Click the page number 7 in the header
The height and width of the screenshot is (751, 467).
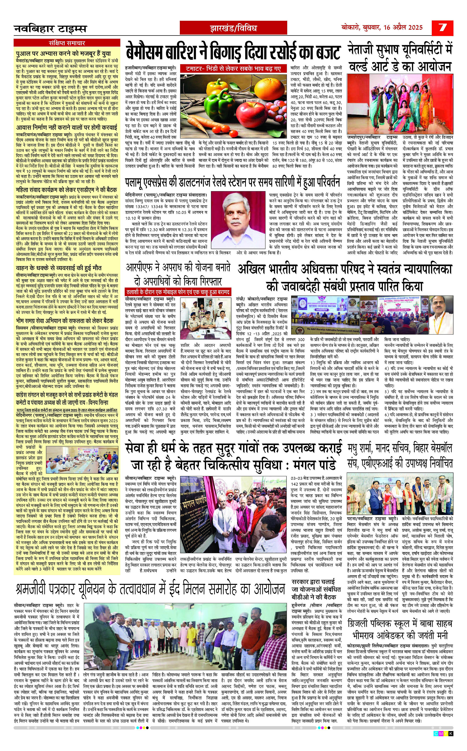pyautogui.click(x=443, y=28)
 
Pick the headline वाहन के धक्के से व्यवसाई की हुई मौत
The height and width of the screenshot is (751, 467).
pyautogui.click(x=59, y=268)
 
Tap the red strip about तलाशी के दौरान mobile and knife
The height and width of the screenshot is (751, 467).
pyautogui.click(x=178, y=292)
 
